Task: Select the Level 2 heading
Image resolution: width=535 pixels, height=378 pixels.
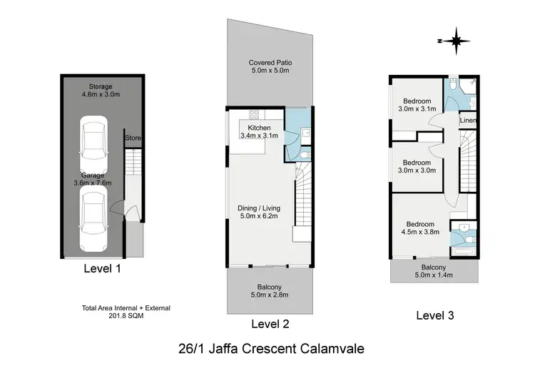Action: click(270, 324)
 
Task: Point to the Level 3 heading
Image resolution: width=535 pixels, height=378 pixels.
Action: click(435, 315)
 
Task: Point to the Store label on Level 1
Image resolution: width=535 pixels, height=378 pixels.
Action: click(132, 138)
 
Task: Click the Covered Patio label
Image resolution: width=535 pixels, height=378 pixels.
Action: click(270, 67)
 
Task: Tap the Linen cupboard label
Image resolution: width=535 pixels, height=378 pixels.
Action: click(467, 121)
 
